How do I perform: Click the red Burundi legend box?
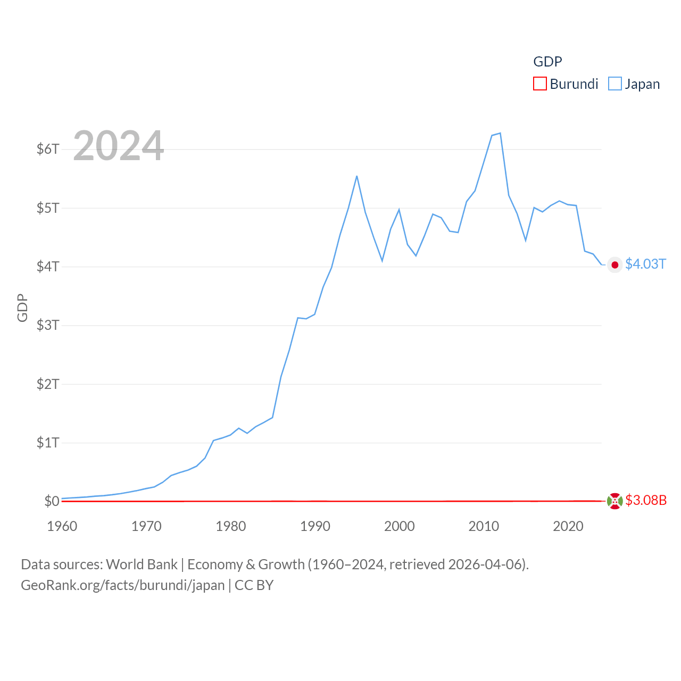pos(540,84)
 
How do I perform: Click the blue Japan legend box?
pos(615,84)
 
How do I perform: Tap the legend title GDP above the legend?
pos(547,62)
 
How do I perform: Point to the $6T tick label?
pos(48,149)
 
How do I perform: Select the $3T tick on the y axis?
pos(48,325)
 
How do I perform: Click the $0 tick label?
pos(52,501)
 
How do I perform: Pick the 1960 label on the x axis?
pos(62,526)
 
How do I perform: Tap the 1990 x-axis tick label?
pos(315,526)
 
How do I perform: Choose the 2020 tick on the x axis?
pos(568,526)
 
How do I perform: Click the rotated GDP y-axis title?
pos(22,308)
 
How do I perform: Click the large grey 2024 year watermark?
pos(118,146)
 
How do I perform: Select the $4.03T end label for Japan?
pos(645,264)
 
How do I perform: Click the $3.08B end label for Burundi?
pos(646,500)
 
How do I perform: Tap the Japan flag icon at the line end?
pos(615,265)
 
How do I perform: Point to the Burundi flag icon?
pos(615,501)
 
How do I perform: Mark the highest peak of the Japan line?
pos(500,133)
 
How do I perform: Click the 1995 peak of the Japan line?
pos(356,176)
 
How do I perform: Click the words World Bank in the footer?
pos(142,564)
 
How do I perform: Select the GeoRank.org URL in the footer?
pos(123,585)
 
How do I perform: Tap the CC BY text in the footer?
pos(254,585)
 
